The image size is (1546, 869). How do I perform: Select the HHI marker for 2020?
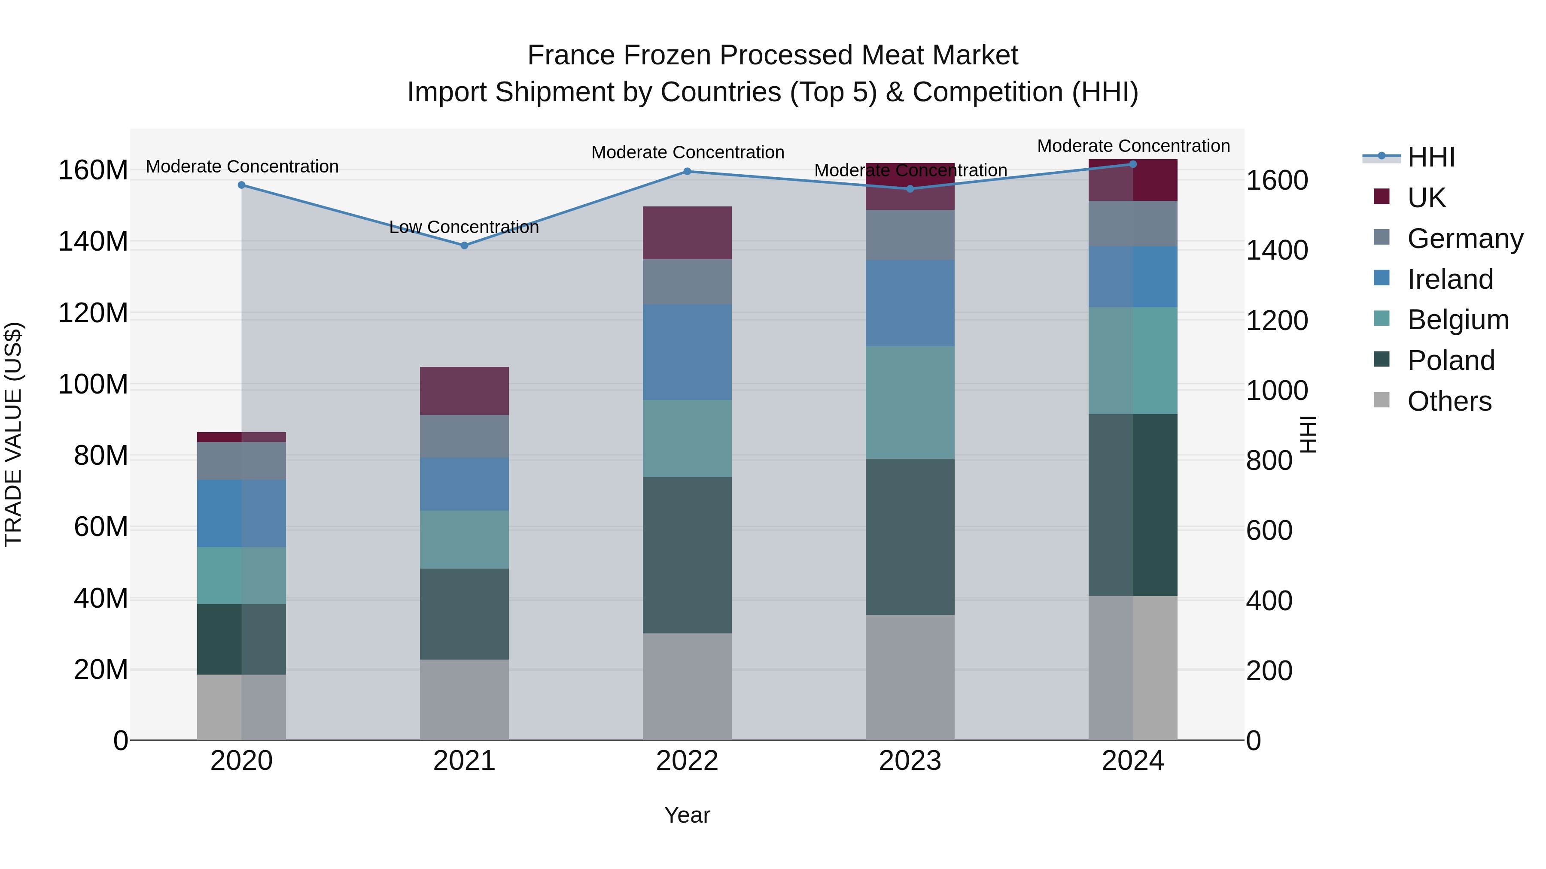pyautogui.click(x=241, y=185)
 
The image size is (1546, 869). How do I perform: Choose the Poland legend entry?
pyautogui.click(x=1451, y=360)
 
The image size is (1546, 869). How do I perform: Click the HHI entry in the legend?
pyautogui.click(x=1431, y=157)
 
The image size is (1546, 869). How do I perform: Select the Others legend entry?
pyautogui.click(x=1449, y=401)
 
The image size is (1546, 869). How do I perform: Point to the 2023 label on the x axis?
pyautogui.click(x=910, y=761)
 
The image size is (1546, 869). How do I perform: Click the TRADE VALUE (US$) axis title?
pyautogui.click(x=14, y=434)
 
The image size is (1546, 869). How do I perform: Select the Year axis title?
pyautogui.click(x=687, y=815)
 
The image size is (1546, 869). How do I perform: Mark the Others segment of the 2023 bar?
pyautogui.click(x=910, y=677)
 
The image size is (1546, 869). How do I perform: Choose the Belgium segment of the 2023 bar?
pyautogui.click(x=910, y=403)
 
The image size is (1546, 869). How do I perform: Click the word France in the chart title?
pyautogui.click(x=572, y=55)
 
